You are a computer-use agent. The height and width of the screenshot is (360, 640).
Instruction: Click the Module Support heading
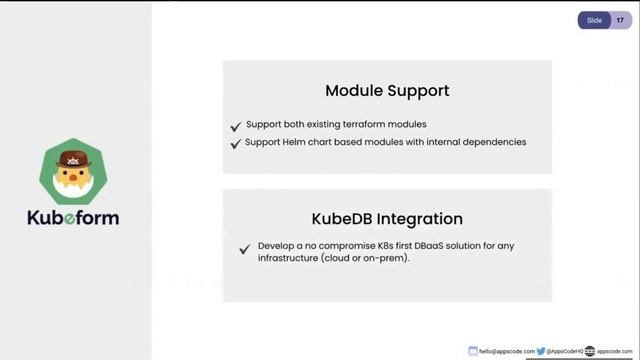(387, 90)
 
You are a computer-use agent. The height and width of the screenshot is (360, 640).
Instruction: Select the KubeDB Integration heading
(387, 218)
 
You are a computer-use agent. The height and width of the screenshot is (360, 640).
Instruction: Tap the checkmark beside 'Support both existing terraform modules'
(236, 126)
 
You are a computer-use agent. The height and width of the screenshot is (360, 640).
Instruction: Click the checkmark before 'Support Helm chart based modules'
(236, 143)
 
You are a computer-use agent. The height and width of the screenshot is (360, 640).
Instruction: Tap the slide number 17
(620, 19)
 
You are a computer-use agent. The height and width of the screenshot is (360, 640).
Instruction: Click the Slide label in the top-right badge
(594, 19)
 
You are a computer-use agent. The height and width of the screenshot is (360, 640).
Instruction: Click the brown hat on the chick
(73, 159)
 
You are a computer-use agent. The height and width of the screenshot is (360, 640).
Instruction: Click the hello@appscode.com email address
(508, 351)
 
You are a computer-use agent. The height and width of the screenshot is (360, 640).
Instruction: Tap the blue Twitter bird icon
(541, 351)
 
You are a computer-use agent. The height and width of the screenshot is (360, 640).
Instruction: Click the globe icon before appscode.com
(590, 351)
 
